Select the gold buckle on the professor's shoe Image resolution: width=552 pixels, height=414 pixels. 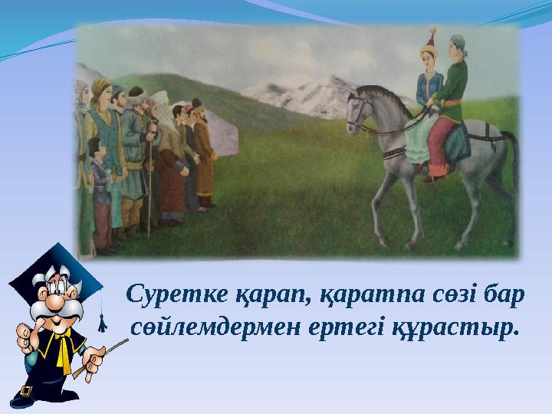26,392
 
